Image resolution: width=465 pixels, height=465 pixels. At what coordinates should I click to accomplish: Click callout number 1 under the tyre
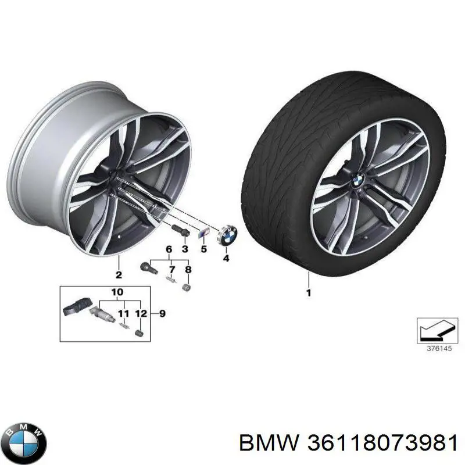309,293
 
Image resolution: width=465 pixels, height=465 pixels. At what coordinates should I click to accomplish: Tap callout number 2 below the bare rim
119,275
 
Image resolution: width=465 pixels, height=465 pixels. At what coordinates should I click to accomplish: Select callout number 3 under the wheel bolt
185,249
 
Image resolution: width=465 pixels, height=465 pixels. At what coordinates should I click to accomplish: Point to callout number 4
226,258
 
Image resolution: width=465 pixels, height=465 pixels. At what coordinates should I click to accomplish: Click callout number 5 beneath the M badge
203,249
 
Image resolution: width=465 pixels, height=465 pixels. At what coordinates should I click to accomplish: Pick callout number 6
169,249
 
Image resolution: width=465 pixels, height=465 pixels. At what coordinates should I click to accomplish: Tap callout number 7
172,270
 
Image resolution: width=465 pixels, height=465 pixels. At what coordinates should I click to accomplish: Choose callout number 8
188,270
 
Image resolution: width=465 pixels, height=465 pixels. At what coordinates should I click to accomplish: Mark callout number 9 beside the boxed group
162,313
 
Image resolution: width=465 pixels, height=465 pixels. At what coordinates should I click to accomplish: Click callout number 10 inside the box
117,292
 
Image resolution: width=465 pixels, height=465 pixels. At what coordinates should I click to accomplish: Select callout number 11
124,313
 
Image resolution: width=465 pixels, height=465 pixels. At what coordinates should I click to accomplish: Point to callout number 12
141,313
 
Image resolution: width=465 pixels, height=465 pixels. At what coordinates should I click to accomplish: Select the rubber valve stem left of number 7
149,268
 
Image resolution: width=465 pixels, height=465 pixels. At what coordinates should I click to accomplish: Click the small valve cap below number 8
186,287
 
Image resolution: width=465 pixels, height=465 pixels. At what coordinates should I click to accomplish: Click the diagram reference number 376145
439,348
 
